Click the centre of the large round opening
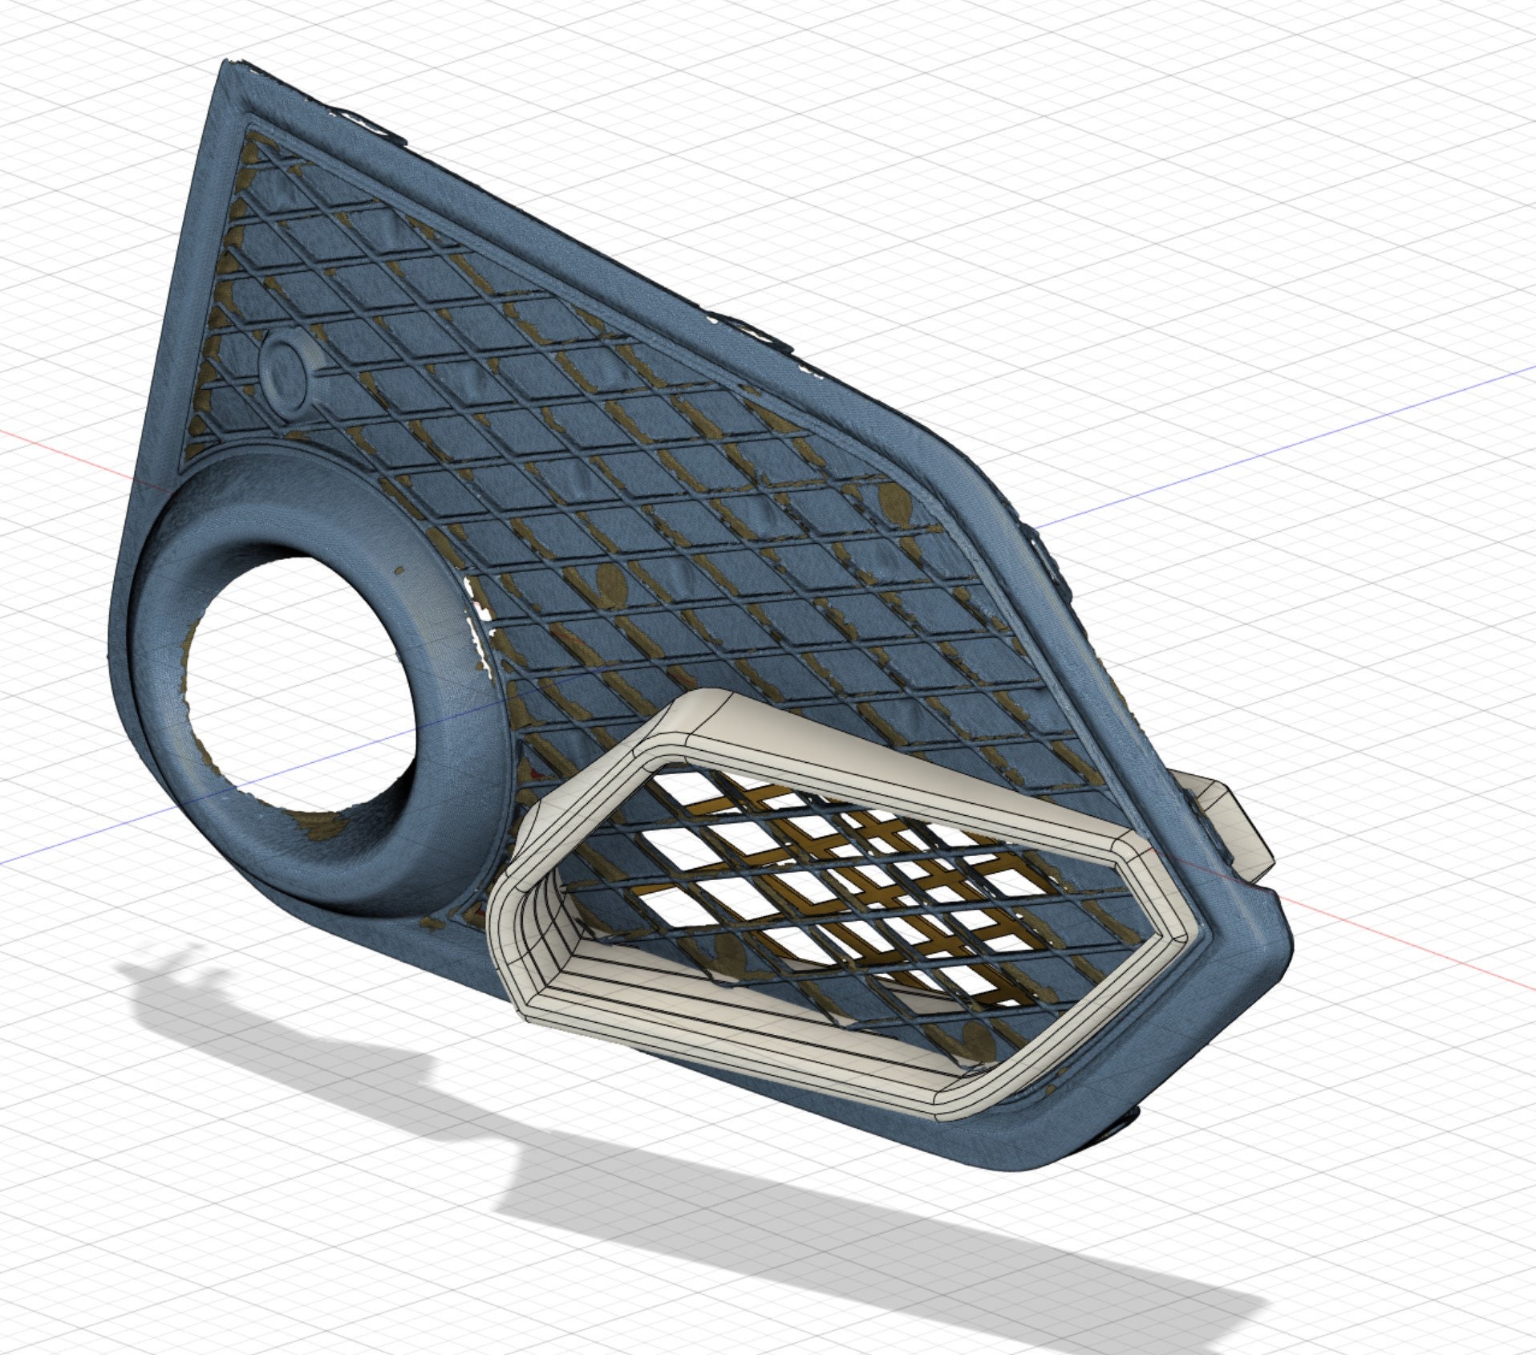(301, 682)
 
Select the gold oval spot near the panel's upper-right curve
(893, 503)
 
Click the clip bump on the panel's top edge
(746, 325)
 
